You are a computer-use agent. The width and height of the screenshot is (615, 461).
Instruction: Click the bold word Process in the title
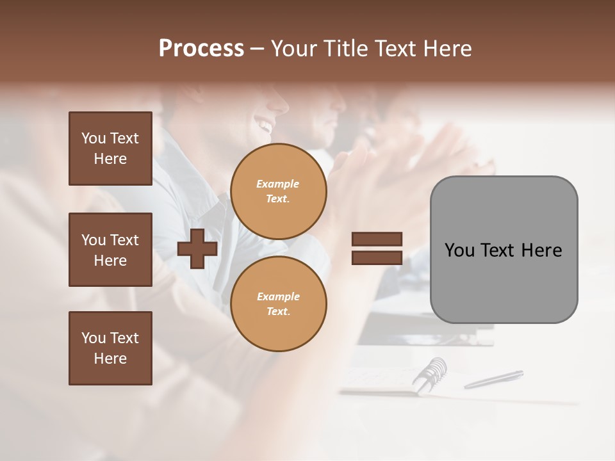[x=201, y=49]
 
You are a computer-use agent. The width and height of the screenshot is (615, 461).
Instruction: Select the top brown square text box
[x=110, y=149]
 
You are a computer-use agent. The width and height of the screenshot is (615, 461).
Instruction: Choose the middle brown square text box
[x=110, y=250]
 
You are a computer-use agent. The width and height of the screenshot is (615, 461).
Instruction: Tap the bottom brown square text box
[x=110, y=348]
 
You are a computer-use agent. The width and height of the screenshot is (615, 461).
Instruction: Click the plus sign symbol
[x=197, y=249]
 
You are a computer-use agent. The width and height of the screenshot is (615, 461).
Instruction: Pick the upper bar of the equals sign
[x=377, y=239]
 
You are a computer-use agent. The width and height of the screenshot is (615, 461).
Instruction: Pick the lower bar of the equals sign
[x=377, y=258]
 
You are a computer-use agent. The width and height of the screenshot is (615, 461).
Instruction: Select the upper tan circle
[x=278, y=191]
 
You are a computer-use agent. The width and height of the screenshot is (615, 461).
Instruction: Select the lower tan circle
[x=278, y=304]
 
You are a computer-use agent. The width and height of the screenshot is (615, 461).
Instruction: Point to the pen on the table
[x=493, y=379]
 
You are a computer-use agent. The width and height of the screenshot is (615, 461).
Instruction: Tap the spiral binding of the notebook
[x=430, y=373]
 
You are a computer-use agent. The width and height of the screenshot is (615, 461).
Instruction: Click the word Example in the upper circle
[x=278, y=184]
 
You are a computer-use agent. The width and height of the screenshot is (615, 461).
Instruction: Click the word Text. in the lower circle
[x=278, y=311]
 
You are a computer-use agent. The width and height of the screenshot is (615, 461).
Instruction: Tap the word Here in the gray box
[x=542, y=250]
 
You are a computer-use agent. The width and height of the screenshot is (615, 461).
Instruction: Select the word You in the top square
[x=94, y=138]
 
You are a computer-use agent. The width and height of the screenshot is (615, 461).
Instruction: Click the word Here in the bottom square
[x=110, y=359]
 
